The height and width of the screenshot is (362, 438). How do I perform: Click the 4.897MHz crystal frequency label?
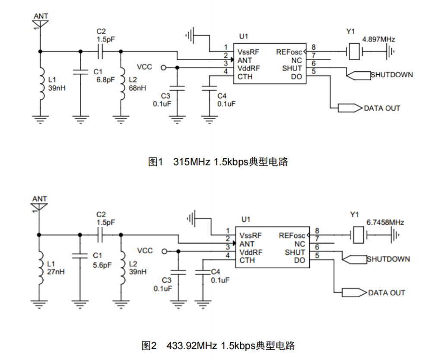tap(379, 39)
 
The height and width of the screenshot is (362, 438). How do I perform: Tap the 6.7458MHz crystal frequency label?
tap(385, 222)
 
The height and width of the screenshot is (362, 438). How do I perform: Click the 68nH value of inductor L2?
tap(138, 88)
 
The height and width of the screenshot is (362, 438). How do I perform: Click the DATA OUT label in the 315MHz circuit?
tap(382, 108)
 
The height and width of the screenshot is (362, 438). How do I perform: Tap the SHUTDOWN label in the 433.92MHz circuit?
tap(388, 259)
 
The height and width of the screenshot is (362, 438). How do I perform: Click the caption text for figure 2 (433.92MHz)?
tap(218, 346)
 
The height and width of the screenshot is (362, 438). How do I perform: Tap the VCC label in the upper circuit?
tap(144, 67)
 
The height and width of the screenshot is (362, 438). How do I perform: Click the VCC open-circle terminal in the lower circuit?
tap(163, 252)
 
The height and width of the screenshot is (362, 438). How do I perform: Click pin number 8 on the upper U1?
tap(313, 47)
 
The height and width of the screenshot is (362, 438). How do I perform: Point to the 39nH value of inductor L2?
tap(138, 272)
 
